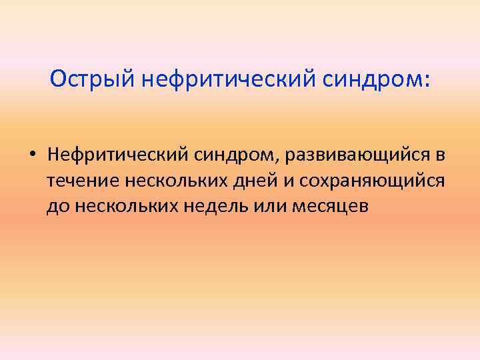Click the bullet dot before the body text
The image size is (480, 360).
coord(32,155)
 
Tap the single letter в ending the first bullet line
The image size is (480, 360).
coord(440,155)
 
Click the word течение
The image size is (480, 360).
coord(79,181)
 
